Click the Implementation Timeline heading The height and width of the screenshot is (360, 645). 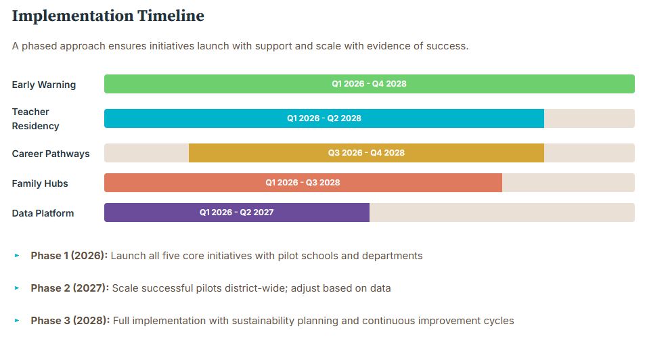pyautogui.click(x=108, y=16)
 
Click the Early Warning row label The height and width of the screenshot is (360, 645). pyautogui.click(x=44, y=85)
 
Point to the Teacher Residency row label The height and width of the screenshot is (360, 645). pyautogui.click(x=35, y=118)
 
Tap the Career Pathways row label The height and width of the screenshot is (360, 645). pyautogui.click(x=51, y=154)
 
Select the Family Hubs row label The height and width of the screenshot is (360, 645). pyautogui.click(x=40, y=183)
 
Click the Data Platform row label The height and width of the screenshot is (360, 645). pyautogui.click(x=43, y=213)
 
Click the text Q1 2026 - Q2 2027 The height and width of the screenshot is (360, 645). pyautogui.click(x=236, y=212)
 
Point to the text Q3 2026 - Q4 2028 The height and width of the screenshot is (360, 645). pyautogui.click(x=366, y=153)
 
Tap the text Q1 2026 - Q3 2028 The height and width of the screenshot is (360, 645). pyautogui.click(x=303, y=183)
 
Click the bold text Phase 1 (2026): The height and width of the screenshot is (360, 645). pyautogui.click(x=69, y=256)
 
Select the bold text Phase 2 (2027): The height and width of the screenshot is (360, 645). pyautogui.click(x=70, y=288)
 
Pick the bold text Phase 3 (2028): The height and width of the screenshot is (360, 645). pyautogui.click(x=70, y=321)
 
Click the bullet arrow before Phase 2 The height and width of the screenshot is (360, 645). pyautogui.click(x=17, y=288)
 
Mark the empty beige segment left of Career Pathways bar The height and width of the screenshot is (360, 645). pyautogui.click(x=146, y=153)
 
